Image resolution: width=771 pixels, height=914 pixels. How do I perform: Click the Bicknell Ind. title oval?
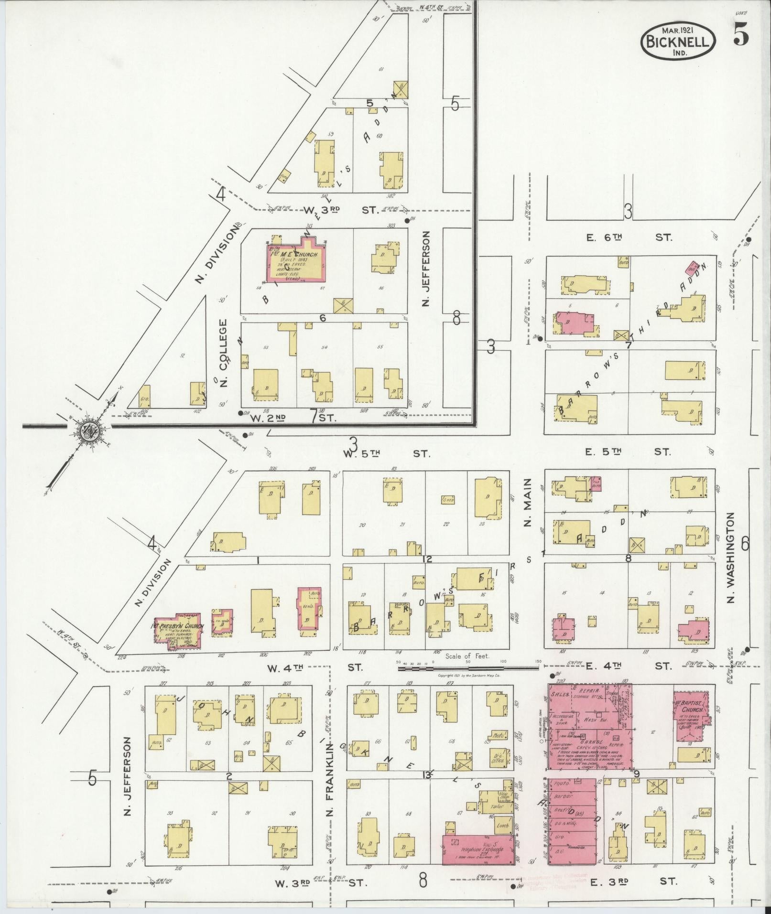pos(678,41)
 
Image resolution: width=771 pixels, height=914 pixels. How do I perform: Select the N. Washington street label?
pos(731,558)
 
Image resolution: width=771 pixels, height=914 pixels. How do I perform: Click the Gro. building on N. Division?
pos(144,398)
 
